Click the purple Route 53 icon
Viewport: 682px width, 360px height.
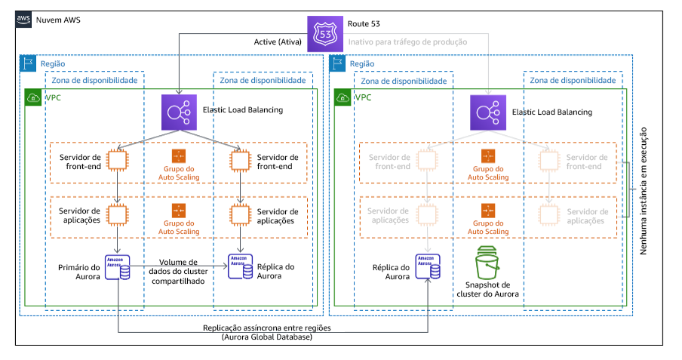pos(324,34)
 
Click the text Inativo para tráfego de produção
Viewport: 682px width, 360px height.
pos(407,42)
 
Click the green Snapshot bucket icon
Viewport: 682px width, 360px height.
pos(487,264)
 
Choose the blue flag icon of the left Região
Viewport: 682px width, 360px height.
pos(27,64)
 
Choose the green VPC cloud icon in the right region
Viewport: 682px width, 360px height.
pos(343,97)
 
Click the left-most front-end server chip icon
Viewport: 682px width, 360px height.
pos(118,160)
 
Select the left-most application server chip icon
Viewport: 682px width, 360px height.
pos(118,214)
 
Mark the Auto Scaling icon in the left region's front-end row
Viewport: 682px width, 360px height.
pos(179,155)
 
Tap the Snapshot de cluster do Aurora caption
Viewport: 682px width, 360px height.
pos(487,291)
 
